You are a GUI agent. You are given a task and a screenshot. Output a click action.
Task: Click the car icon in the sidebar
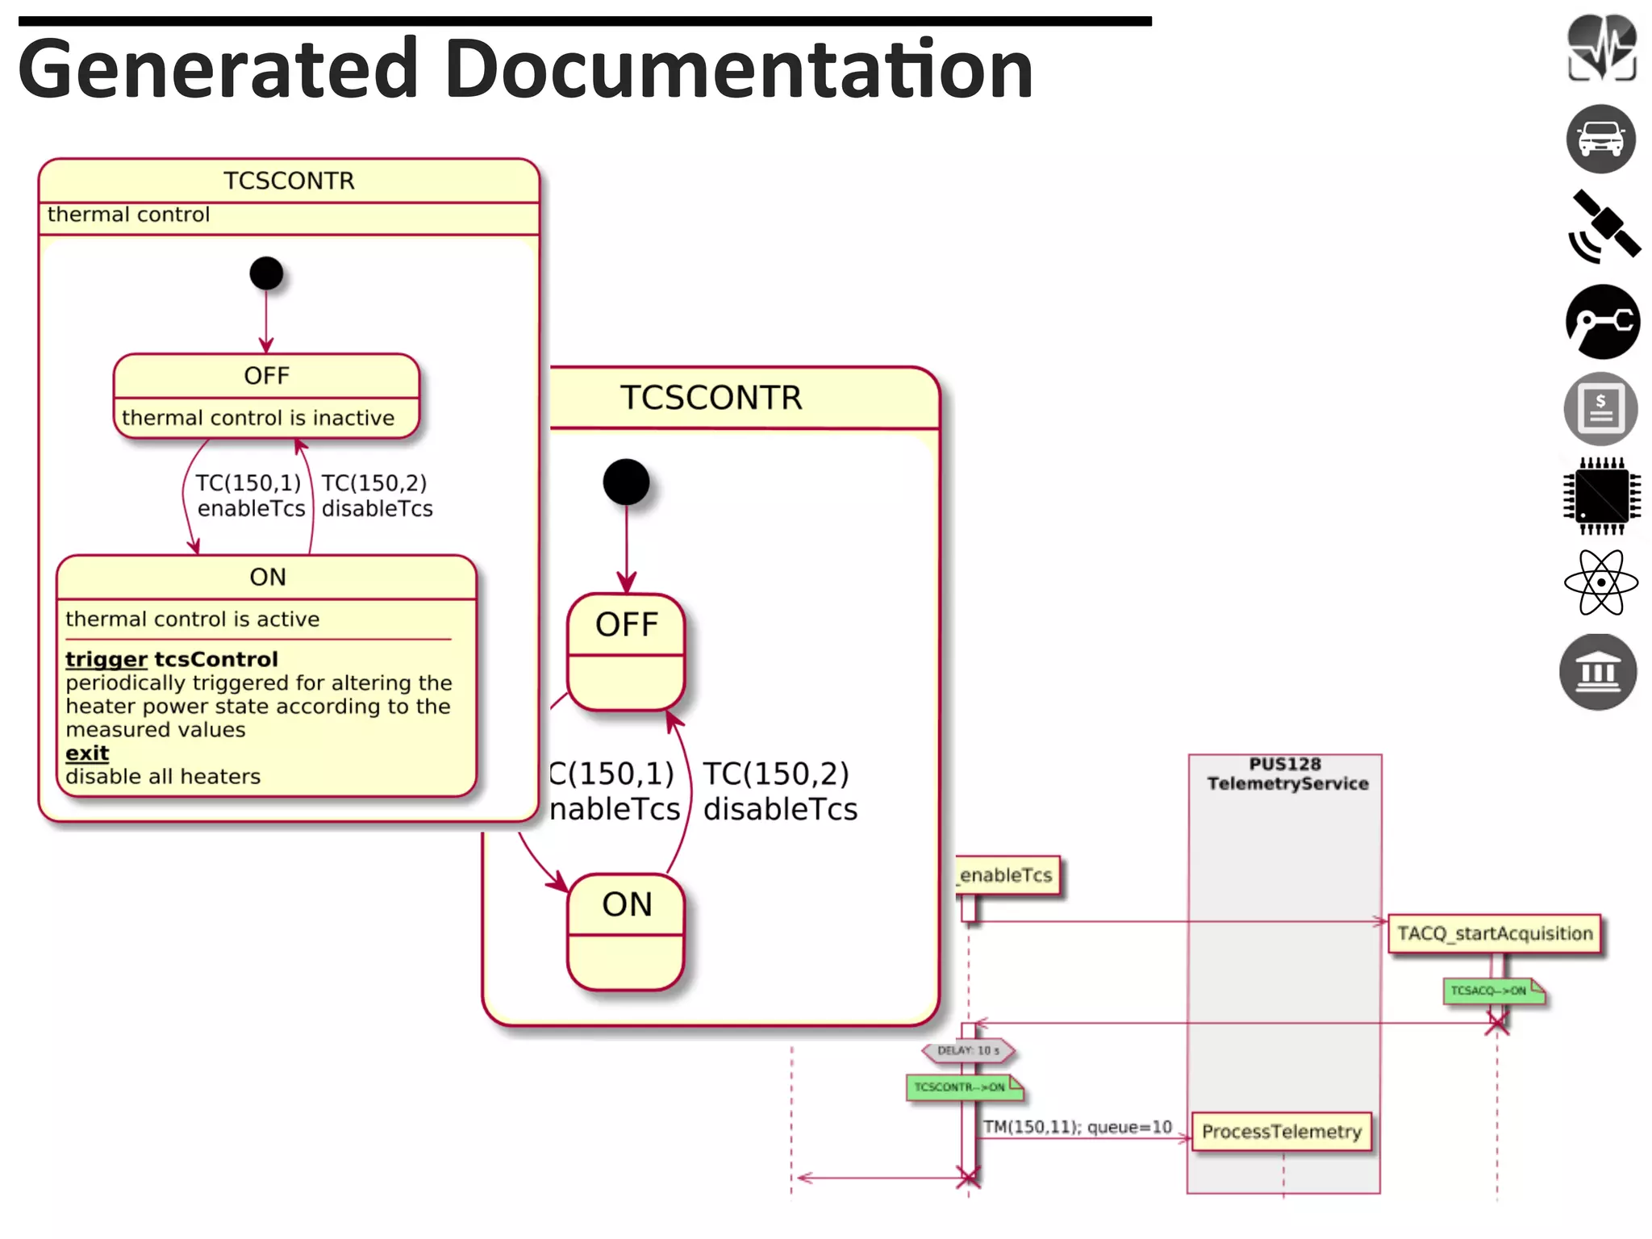point(1600,140)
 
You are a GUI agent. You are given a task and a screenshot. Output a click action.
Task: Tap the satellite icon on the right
point(1604,227)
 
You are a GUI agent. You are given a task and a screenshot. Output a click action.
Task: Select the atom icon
point(1600,582)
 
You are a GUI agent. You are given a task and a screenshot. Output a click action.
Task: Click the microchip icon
point(1602,495)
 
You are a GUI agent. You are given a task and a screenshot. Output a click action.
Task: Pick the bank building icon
point(1598,672)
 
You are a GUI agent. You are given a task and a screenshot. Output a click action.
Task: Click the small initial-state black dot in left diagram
point(266,273)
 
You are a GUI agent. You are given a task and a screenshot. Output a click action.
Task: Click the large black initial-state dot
point(626,482)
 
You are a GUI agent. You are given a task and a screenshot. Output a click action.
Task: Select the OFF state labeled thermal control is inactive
point(266,396)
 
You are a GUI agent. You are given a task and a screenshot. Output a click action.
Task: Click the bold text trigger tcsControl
point(172,659)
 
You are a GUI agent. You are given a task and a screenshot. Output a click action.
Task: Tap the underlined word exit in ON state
point(87,753)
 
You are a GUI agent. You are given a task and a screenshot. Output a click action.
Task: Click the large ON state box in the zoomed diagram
point(626,932)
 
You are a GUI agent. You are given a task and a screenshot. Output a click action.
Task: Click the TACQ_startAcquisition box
point(1495,933)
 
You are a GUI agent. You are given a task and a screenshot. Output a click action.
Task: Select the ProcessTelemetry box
point(1281,1132)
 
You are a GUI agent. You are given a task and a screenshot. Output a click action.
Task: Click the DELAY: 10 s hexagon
point(968,1050)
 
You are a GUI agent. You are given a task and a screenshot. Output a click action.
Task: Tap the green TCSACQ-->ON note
point(1491,991)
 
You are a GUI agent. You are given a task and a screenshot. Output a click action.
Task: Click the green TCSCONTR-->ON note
point(962,1087)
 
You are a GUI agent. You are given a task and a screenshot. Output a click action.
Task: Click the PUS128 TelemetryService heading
point(1286,774)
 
